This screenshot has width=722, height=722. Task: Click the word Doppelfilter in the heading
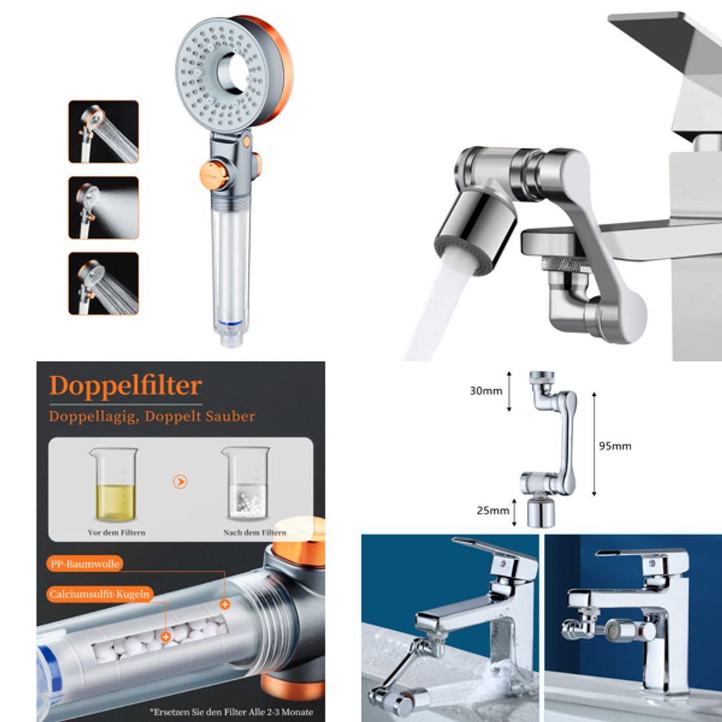point(125,386)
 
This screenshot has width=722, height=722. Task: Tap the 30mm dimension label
point(485,391)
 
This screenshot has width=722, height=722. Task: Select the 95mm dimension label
point(614,446)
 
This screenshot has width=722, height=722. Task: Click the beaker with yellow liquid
point(113,485)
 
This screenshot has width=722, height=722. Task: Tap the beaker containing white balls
point(245,485)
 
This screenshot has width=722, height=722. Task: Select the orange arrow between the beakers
point(180,482)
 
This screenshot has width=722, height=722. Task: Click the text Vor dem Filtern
point(116,533)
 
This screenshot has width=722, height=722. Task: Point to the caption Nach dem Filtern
point(254,533)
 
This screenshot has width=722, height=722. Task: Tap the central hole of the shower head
point(233,68)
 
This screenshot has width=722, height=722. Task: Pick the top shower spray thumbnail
point(104,132)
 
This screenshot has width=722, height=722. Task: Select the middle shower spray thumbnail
point(104,207)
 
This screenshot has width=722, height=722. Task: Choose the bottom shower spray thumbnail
point(104,283)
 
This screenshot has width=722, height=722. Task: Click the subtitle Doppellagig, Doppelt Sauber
point(152,416)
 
